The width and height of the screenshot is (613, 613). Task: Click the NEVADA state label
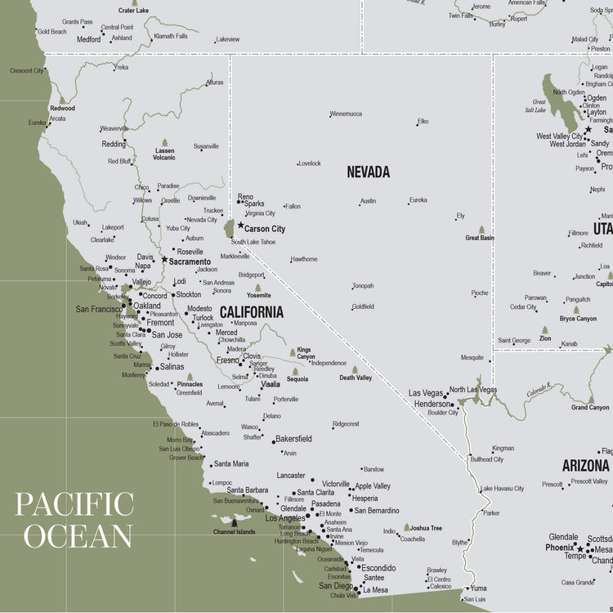368,172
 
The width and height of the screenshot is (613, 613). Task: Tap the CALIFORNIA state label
251,312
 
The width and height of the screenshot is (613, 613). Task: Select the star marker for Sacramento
164,260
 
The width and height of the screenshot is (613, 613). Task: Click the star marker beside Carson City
240,225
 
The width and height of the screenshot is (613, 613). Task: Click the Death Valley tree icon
355,369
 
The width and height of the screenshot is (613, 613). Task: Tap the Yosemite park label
258,296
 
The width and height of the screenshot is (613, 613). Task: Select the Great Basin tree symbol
481,230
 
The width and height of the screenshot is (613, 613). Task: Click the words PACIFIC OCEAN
74,520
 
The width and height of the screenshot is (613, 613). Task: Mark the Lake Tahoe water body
229,227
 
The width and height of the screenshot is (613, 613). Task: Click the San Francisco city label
98,309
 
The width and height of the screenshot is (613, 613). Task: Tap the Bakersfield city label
293,439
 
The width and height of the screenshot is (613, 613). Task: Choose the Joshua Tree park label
425,528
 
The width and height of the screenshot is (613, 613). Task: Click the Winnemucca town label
346,114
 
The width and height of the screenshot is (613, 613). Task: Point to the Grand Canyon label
589,407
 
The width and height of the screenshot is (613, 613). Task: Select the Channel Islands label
234,532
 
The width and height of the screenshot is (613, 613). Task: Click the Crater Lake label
133,11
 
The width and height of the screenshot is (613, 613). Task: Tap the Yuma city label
477,588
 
